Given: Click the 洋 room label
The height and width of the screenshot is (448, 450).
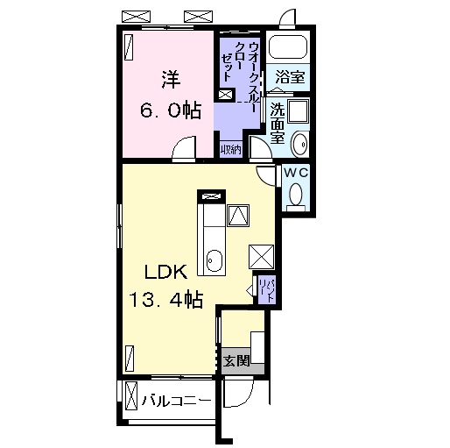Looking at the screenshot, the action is coord(171,80).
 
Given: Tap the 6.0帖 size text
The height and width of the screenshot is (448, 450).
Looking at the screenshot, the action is coord(171,110).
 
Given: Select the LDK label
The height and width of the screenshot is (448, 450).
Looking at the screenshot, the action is coord(165,272).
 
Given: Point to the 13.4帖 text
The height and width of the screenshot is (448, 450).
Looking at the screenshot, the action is coord(165,299).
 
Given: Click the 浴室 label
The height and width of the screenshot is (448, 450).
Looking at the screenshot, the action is coord(290,77).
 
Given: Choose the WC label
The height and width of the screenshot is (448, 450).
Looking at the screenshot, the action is coord(296,173).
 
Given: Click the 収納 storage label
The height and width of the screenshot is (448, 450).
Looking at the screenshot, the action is coord(231,150).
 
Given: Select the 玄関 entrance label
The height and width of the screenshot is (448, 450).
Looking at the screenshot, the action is coord(236,360).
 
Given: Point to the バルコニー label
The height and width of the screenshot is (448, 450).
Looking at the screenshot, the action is coord(177,401).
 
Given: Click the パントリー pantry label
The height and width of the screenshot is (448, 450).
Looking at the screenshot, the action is coord(267,291).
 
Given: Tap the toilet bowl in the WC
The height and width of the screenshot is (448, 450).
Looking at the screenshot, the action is coord(296,195).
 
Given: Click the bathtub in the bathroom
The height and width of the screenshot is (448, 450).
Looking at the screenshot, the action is coord(288,47).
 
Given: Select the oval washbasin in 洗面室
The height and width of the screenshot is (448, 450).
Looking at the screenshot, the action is coord(300,144).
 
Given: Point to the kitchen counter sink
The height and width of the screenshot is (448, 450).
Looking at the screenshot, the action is coord(214,260).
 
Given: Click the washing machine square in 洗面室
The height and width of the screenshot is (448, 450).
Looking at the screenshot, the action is coord(298,111).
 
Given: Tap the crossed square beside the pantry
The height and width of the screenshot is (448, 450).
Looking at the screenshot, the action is coord(262,257).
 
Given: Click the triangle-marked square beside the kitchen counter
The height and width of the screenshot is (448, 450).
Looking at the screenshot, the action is coord(239,216).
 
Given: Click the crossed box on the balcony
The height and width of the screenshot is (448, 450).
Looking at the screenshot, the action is coord(131,396).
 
